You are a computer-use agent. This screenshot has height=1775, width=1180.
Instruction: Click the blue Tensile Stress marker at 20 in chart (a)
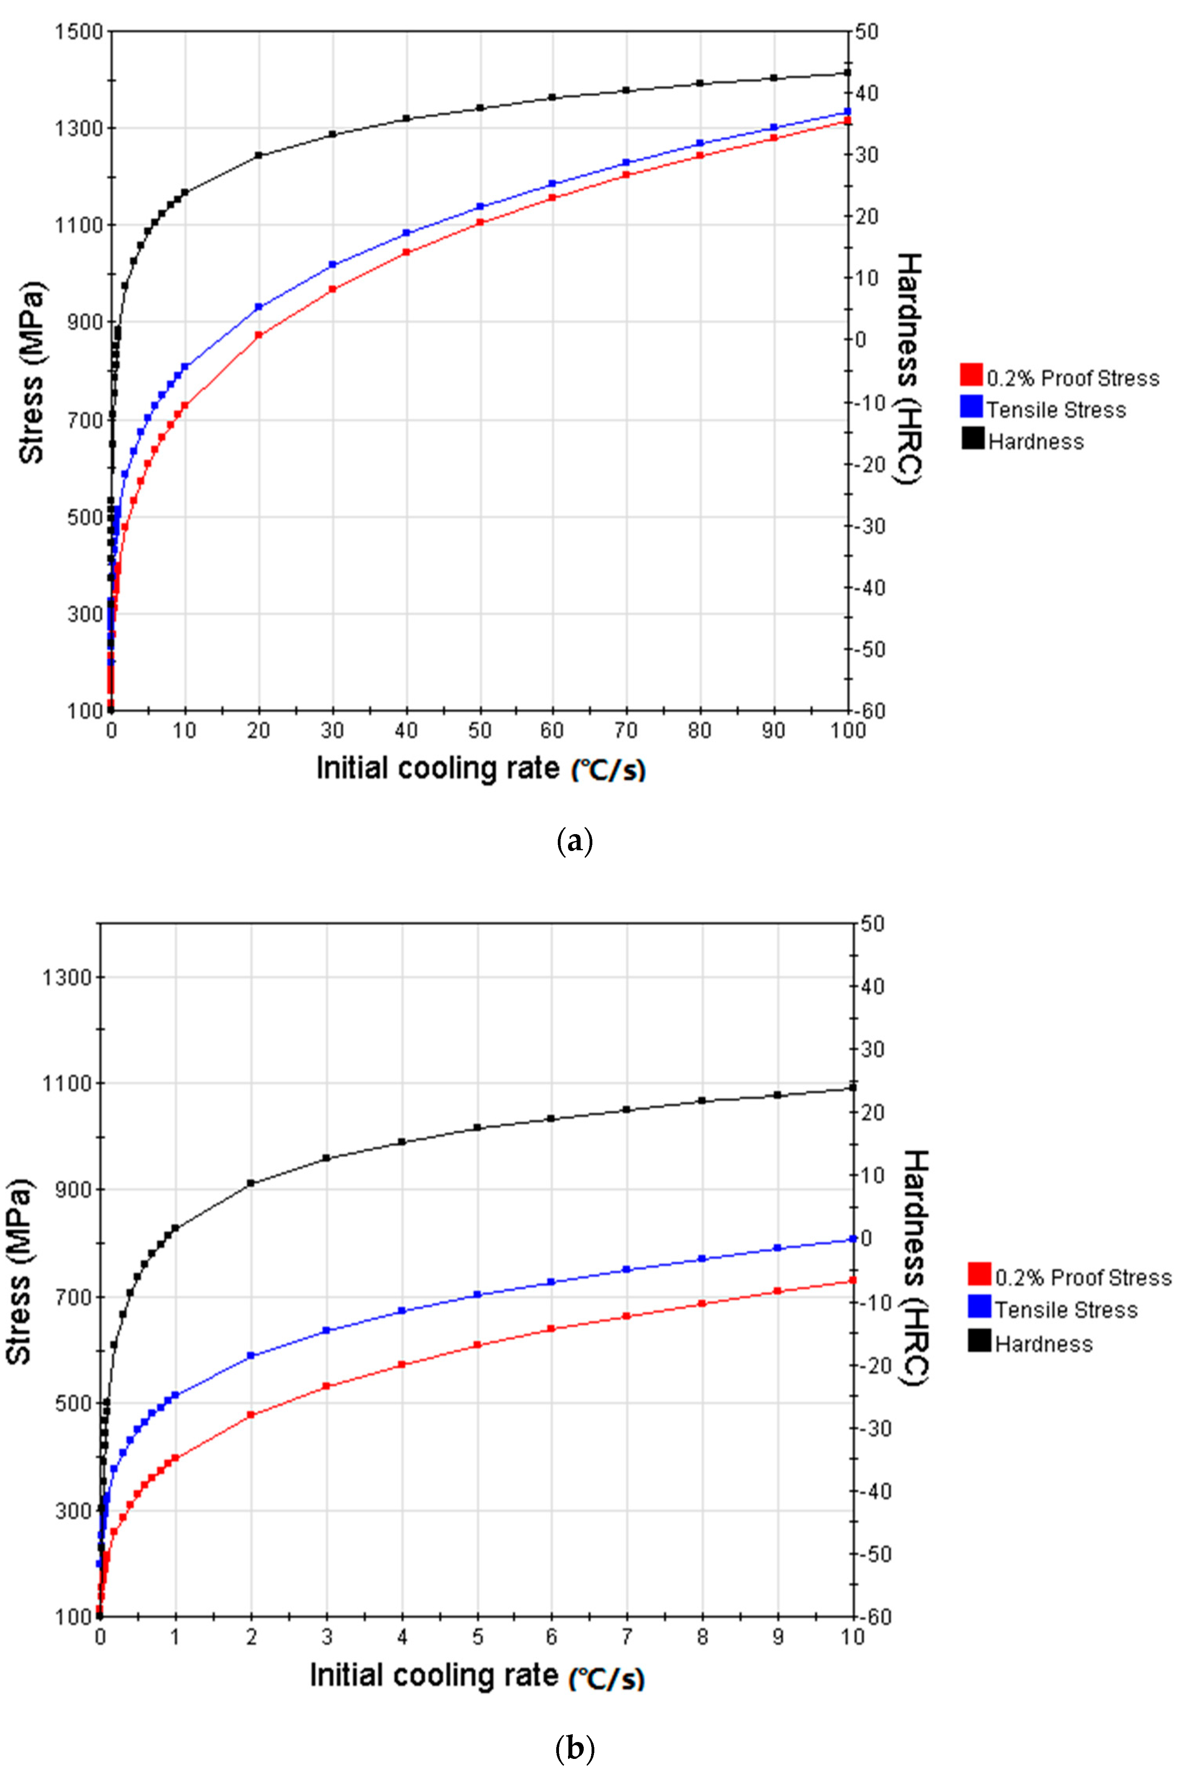pyautogui.click(x=258, y=307)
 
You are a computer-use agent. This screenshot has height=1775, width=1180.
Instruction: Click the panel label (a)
pyautogui.click(x=575, y=840)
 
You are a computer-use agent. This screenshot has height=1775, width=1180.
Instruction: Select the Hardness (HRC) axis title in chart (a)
pyautogui.click(x=911, y=369)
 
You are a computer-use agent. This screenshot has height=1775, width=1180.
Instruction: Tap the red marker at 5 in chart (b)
pyautogui.click(x=477, y=1345)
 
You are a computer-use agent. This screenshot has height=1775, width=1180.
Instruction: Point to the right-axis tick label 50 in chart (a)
pyautogui.click(x=866, y=32)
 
